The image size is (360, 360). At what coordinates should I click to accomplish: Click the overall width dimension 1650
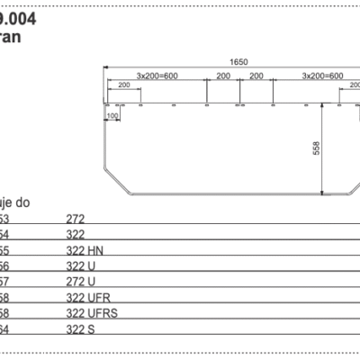[x=238, y=61]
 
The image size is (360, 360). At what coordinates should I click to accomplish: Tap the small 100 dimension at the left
[x=112, y=116]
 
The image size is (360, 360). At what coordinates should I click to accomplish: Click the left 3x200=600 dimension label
[x=156, y=76]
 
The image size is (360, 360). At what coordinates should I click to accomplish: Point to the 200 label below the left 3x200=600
[x=122, y=84]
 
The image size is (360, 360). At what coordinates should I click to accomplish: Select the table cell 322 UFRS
[x=92, y=313]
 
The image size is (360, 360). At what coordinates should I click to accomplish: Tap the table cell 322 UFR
[x=88, y=297]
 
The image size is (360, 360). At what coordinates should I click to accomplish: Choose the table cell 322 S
[x=82, y=329]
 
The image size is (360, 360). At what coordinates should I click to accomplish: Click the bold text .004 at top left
[x=19, y=15]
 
